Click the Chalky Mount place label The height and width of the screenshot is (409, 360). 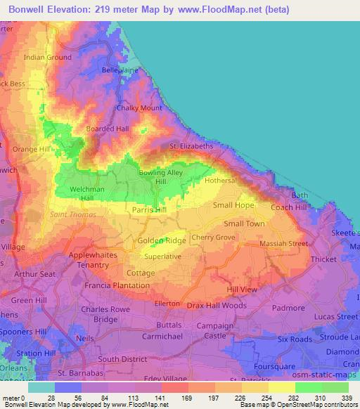coord(139,108)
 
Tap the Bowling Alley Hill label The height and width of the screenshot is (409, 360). coord(160,177)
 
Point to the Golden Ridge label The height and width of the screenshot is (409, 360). coord(162,240)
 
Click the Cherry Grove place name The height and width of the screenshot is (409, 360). coord(213,238)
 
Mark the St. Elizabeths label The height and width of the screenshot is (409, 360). coord(191,146)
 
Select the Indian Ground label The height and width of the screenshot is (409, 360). coord(48,57)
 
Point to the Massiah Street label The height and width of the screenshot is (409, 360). coord(285,243)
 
